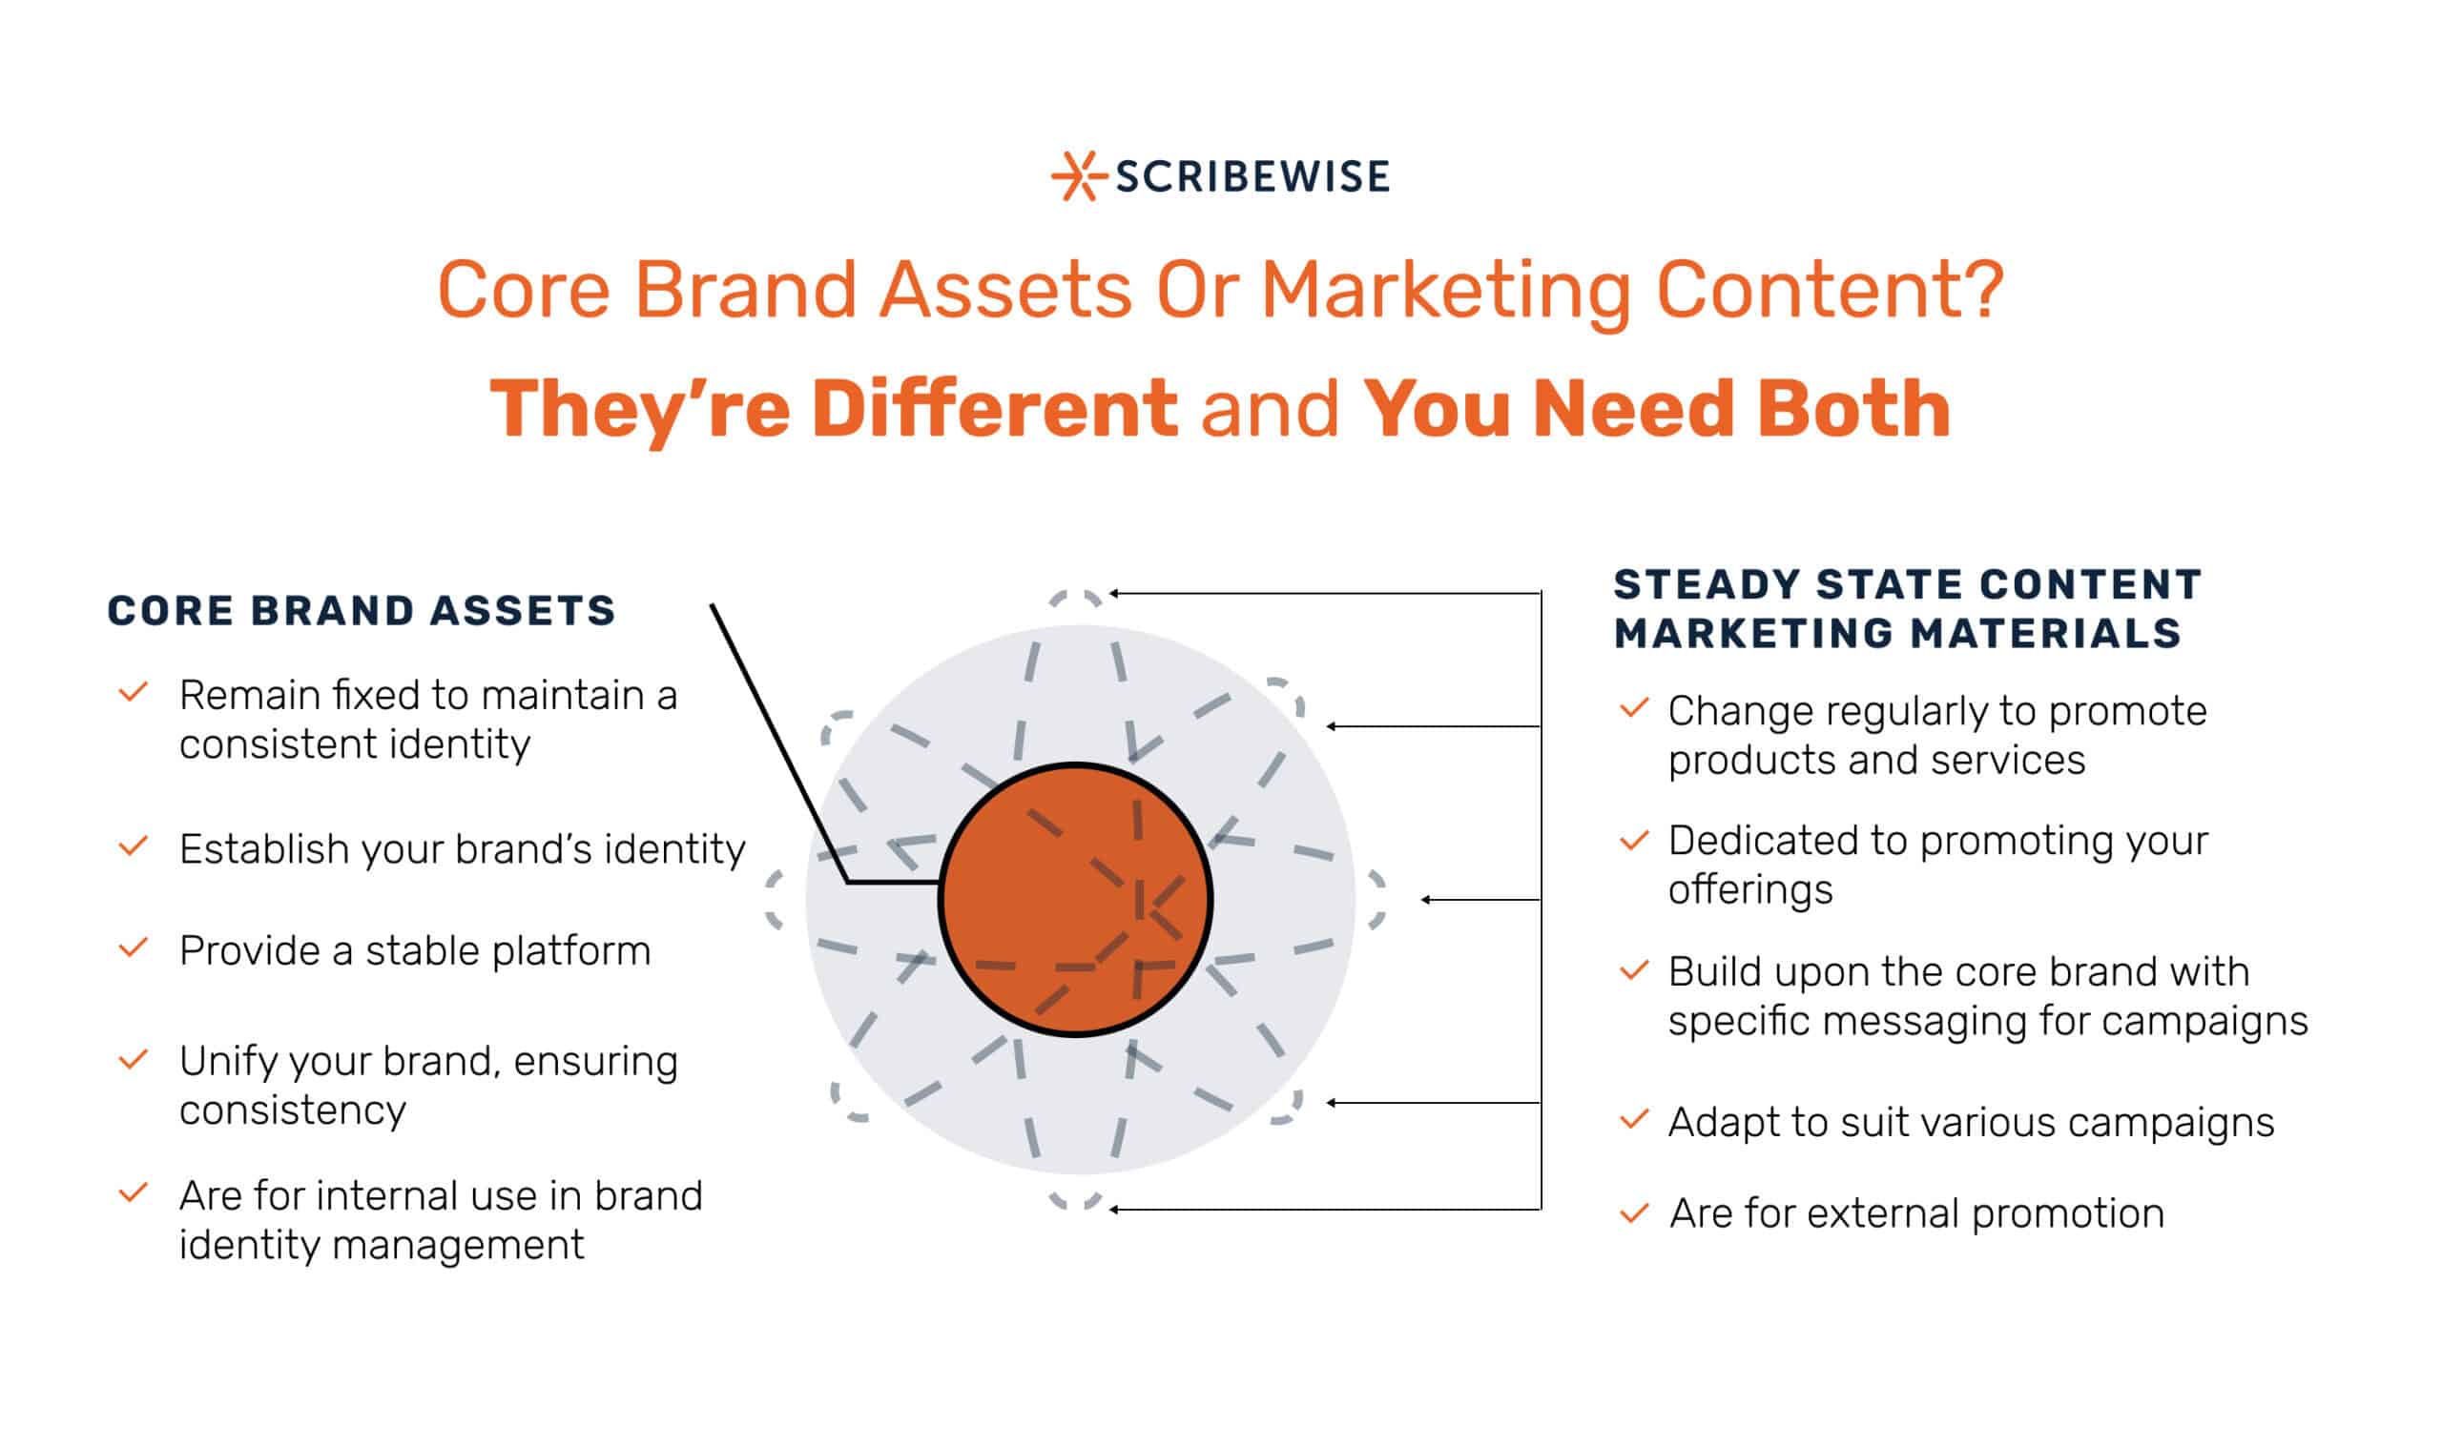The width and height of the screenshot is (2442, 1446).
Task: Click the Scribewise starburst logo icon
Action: click(x=1077, y=176)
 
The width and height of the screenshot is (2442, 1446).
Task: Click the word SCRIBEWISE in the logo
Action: click(x=1252, y=177)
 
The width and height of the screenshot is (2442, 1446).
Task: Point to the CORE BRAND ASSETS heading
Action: click(x=362, y=611)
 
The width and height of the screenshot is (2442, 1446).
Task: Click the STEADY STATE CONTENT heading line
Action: click(x=1908, y=584)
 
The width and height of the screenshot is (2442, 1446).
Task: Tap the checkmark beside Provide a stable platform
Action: click(x=134, y=947)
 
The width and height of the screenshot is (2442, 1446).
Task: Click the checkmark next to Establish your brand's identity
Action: click(x=134, y=845)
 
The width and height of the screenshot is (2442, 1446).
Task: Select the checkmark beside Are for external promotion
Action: click(x=1634, y=1214)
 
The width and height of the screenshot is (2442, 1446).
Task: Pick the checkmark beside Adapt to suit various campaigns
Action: click(x=1634, y=1120)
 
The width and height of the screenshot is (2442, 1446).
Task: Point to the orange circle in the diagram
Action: click(x=1075, y=900)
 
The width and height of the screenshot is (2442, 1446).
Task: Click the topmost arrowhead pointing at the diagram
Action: click(x=1114, y=593)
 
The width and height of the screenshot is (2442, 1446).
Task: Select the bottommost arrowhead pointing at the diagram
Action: click(x=1114, y=1210)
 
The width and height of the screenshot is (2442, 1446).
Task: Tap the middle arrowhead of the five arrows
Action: click(x=1426, y=900)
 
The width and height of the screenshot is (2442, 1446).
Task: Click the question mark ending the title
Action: click(x=1984, y=289)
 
